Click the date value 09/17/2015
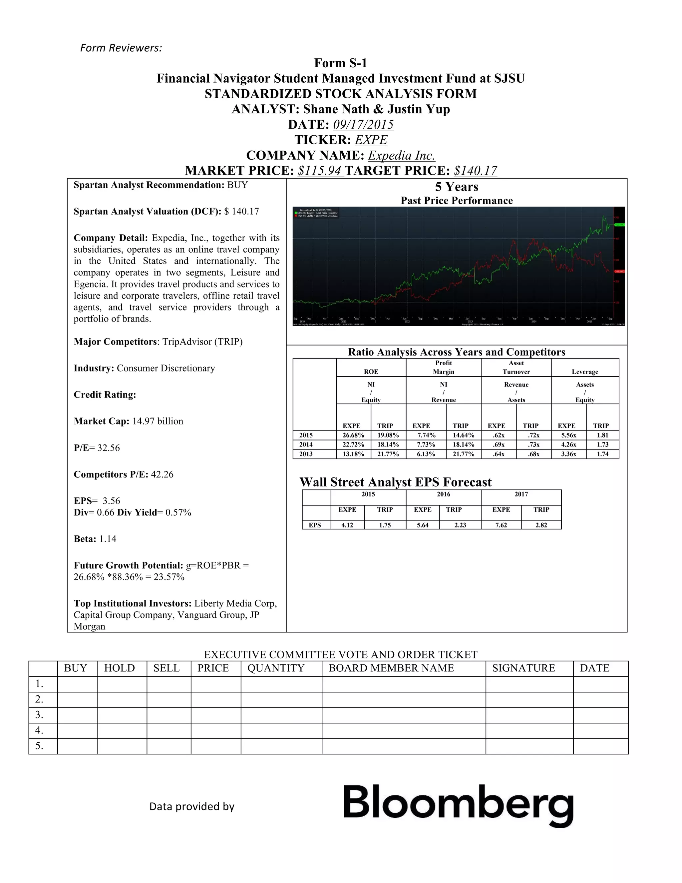point(363,125)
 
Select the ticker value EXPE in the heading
point(371,140)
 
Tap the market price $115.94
point(320,171)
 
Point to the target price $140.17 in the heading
point(475,171)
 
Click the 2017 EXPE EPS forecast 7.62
point(501,525)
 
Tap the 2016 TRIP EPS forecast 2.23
point(460,525)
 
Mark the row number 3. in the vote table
point(39,715)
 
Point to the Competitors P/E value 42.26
point(162,474)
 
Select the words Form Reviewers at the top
point(121,48)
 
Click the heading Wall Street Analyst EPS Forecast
point(395,482)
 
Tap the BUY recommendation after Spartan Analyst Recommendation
point(237,185)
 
